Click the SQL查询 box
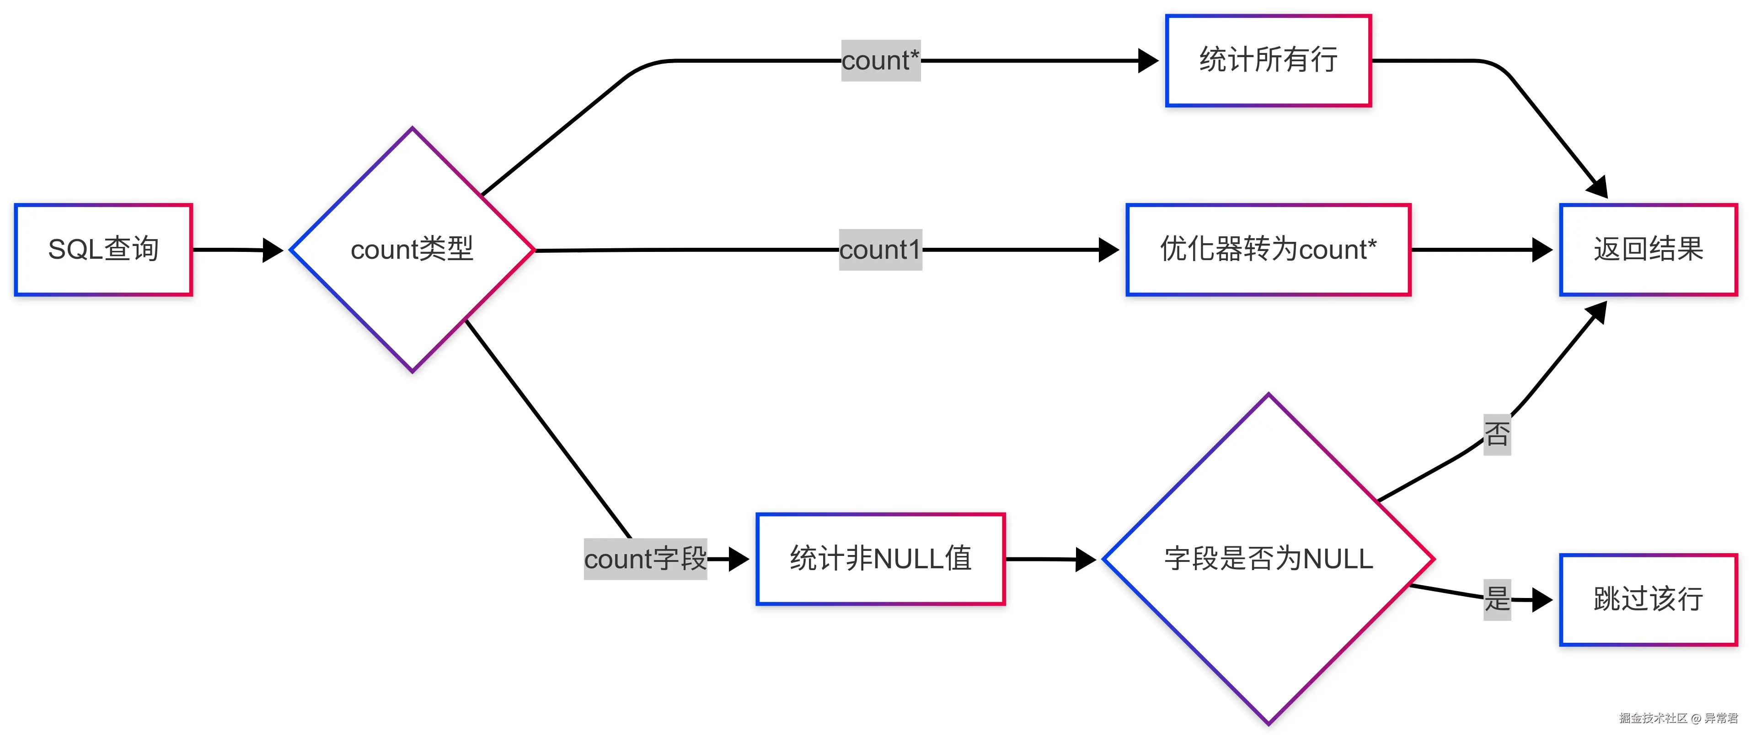coord(104,249)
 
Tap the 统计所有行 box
coord(1268,61)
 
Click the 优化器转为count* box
coord(1268,249)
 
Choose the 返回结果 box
coord(1648,249)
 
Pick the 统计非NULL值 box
coord(880,559)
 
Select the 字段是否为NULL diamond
coord(1268,559)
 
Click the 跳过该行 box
coord(1648,600)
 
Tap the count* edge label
coord(880,61)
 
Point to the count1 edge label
coord(880,249)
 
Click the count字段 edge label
coord(645,559)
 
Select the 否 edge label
coord(1497,434)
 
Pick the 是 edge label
coord(1497,600)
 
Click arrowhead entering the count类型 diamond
coord(273,250)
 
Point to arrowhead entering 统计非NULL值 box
coord(739,559)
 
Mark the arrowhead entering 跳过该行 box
coord(1542,600)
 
